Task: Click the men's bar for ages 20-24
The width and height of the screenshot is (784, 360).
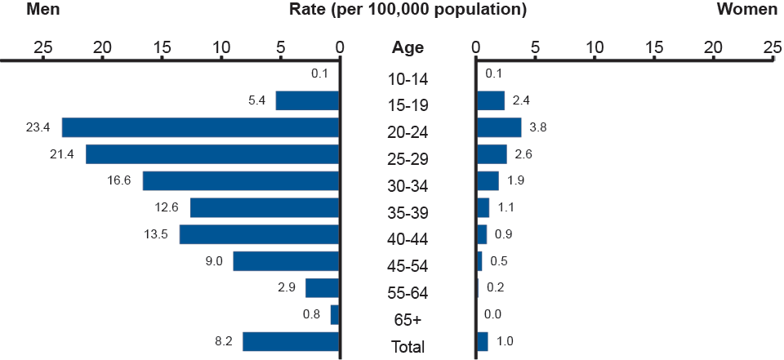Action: click(x=200, y=127)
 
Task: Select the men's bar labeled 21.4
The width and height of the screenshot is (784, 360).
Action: click(x=212, y=154)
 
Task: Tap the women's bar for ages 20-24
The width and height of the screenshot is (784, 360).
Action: click(x=499, y=127)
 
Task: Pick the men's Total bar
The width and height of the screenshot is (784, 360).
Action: click(x=291, y=341)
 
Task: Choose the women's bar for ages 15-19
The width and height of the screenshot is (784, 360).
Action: click(x=491, y=100)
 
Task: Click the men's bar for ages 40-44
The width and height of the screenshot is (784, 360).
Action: click(x=259, y=234)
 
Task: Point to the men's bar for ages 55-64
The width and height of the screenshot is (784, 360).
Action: click(x=322, y=288)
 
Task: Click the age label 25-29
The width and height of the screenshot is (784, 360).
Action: click(x=408, y=158)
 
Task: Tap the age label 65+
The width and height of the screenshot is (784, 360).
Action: click(x=408, y=319)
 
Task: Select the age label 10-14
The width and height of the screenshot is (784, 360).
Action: click(x=408, y=79)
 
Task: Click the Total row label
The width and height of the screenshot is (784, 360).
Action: click(x=408, y=346)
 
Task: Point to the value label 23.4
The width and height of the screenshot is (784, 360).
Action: click(x=38, y=127)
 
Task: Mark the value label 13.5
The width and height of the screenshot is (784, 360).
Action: click(x=156, y=234)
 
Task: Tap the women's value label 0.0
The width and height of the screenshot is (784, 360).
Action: click(x=492, y=314)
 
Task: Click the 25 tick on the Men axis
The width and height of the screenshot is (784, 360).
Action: click(x=42, y=47)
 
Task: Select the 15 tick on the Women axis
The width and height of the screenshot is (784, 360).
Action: click(x=654, y=47)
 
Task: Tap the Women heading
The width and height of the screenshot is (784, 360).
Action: click(x=746, y=10)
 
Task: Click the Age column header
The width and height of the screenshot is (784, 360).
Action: click(x=408, y=47)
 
